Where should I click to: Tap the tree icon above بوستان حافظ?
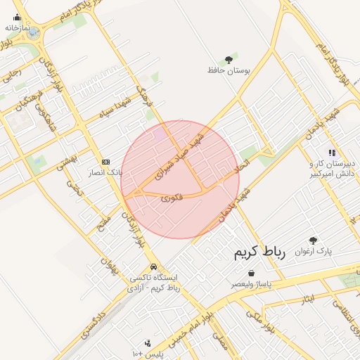point(229,60)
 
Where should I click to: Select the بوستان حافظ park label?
point(225,70)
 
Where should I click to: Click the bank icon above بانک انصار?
point(106,161)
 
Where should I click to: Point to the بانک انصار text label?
point(105,172)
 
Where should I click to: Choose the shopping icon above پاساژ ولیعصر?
point(251,274)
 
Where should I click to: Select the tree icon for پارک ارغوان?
point(313,240)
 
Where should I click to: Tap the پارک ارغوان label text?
point(312,251)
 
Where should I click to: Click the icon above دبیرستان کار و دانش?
point(331,152)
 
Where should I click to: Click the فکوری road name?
point(172,198)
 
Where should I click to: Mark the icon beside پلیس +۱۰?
point(148,344)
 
